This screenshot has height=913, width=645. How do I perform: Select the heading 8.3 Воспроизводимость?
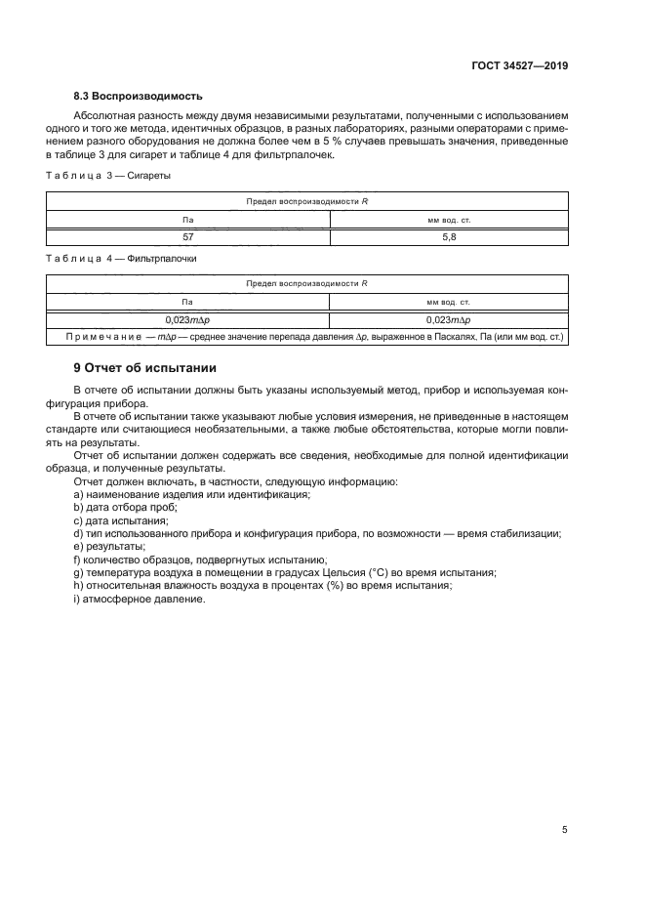138,96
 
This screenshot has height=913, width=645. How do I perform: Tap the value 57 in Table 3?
188,236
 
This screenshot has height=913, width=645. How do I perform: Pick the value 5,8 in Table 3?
449,236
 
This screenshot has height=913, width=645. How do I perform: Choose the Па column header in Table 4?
188,302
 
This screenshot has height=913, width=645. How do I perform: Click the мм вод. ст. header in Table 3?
449,220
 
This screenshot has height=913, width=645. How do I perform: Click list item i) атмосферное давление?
140,599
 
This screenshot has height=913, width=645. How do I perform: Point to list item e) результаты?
109,546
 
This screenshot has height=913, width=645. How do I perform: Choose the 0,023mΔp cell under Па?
188,319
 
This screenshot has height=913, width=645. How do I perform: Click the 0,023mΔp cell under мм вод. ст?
449,319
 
